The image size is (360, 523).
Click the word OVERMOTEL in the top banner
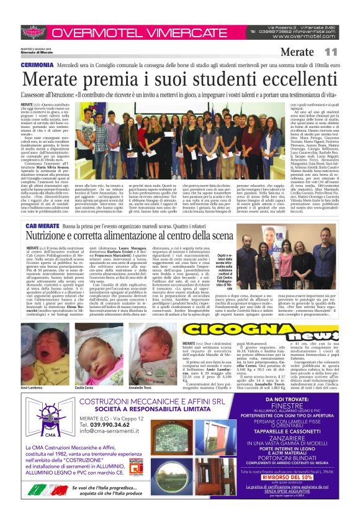(86, 32)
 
